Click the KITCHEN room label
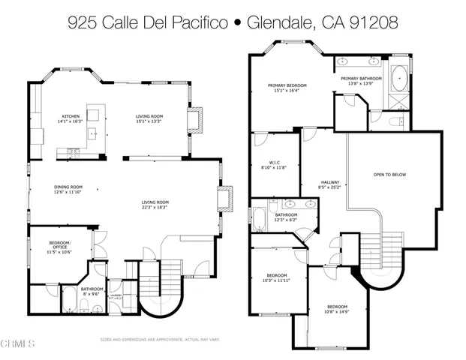[x=71, y=116]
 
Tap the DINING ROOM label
[x=68, y=187]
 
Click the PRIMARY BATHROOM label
[x=361, y=78]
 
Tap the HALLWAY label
[x=330, y=182]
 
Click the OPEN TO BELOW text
[x=389, y=175]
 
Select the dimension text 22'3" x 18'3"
[x=156, y=208]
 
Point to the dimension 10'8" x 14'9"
[x=337, y=312]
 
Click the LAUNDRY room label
[x=115, y=296]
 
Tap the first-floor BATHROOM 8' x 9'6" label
[x=92, y=290]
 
